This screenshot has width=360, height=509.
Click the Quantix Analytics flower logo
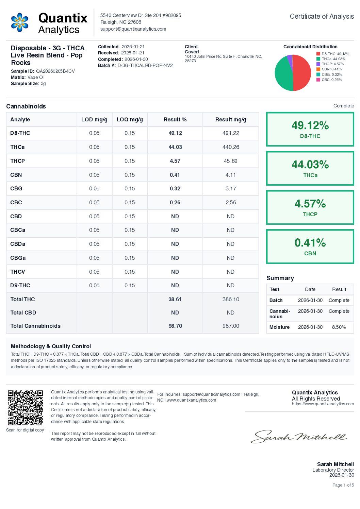pos(20,22)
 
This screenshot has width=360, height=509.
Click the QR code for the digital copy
pos(26,407)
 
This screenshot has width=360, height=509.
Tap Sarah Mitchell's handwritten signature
pos(299,437)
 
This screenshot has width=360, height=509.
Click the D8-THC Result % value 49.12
pos(175,133)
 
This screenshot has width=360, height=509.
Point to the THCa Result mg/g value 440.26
pos(231,147)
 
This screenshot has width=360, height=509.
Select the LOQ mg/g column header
pos(130,120)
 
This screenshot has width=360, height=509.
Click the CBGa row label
pos(18,258)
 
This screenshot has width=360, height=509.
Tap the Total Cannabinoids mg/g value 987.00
pos(231,326)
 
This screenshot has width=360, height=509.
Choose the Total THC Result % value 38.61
pos(175,300)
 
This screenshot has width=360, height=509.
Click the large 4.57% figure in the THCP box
pos(310,204)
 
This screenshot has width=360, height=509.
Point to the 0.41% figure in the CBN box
pos(310,243)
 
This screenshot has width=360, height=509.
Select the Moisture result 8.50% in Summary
pos(339,327)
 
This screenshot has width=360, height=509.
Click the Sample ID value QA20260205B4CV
pos(55,71)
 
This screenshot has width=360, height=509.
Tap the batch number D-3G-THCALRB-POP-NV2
pos(145,65)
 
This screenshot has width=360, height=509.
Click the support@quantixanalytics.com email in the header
pos(133,29)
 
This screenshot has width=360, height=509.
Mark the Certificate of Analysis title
pos(322,16)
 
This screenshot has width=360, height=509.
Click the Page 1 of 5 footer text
pos(343,485)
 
